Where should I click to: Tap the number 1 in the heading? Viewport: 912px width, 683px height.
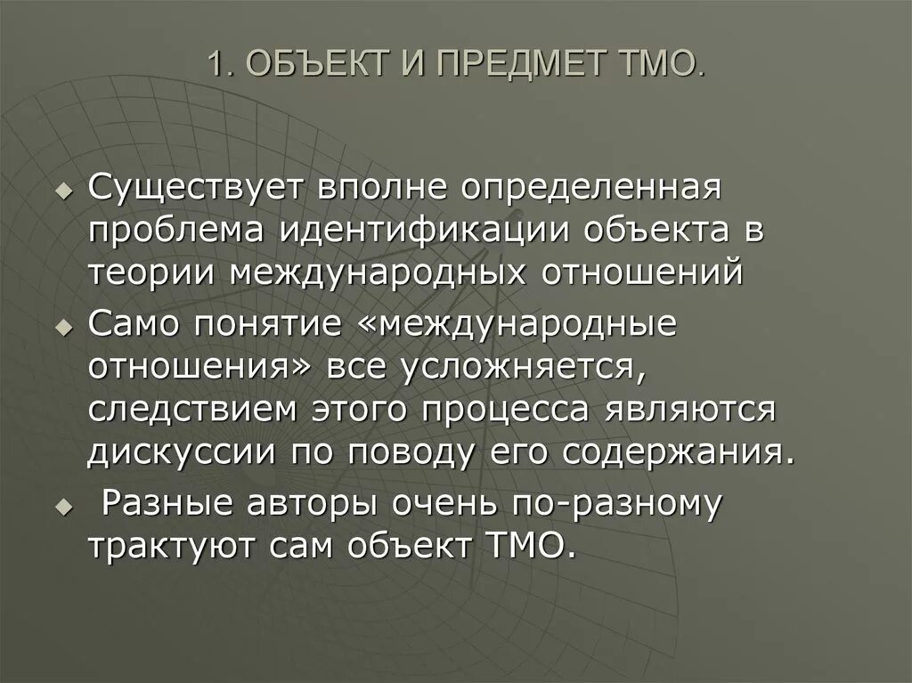[215, 66]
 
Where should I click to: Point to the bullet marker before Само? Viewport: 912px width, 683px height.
[62, 327]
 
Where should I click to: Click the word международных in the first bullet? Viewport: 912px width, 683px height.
[405, 271]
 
